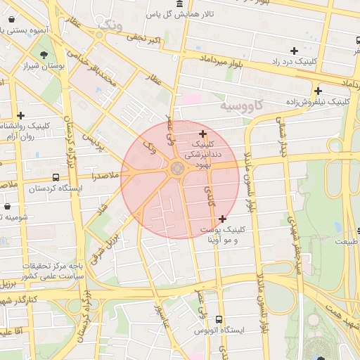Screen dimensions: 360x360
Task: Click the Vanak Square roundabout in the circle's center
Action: point(176,167)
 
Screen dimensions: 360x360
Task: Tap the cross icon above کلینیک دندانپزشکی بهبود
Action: point(203,134)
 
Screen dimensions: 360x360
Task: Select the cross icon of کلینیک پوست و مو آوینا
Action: point(223,219)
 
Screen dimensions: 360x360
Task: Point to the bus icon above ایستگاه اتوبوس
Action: point(219,319)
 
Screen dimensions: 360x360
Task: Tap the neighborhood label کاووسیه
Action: point(240,106)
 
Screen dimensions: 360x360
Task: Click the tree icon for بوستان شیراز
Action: point(44,53)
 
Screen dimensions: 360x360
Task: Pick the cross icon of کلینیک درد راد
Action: point(293,50)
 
